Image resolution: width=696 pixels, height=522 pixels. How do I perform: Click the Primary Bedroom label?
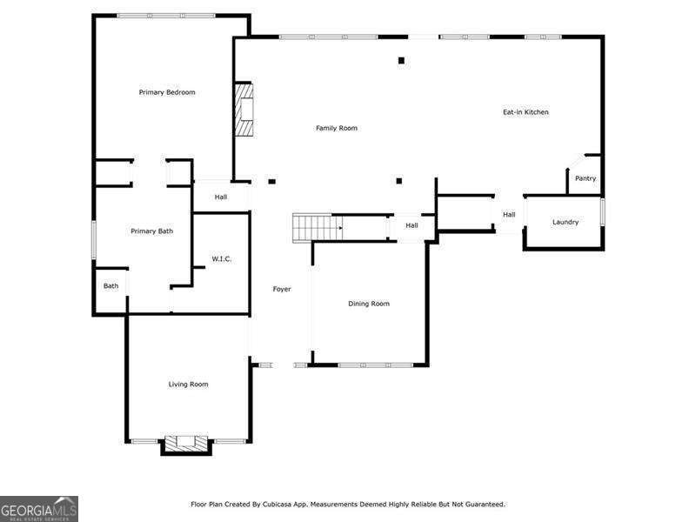167,92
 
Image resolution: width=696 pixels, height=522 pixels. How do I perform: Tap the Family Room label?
336,128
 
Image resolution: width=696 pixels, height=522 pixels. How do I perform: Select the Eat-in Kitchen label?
525,112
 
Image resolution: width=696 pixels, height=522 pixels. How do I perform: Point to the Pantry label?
586,178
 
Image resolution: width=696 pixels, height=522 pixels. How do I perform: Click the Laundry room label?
565,222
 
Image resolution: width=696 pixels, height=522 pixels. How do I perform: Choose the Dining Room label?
369,304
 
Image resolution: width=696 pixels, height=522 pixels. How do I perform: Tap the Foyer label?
282,289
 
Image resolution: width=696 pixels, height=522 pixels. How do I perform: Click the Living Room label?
188,384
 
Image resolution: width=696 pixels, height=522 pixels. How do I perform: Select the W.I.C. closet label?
222,259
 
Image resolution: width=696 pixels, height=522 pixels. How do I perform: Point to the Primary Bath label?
152,231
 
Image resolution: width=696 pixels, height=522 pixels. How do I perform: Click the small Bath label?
111,285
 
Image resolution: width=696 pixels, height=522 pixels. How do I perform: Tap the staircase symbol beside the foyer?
317,227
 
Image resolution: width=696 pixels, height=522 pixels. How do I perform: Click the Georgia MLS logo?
39,508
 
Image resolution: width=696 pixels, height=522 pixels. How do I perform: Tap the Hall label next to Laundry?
509,215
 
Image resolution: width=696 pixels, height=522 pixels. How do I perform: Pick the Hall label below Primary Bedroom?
221,197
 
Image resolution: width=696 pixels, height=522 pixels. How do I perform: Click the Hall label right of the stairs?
412,225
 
